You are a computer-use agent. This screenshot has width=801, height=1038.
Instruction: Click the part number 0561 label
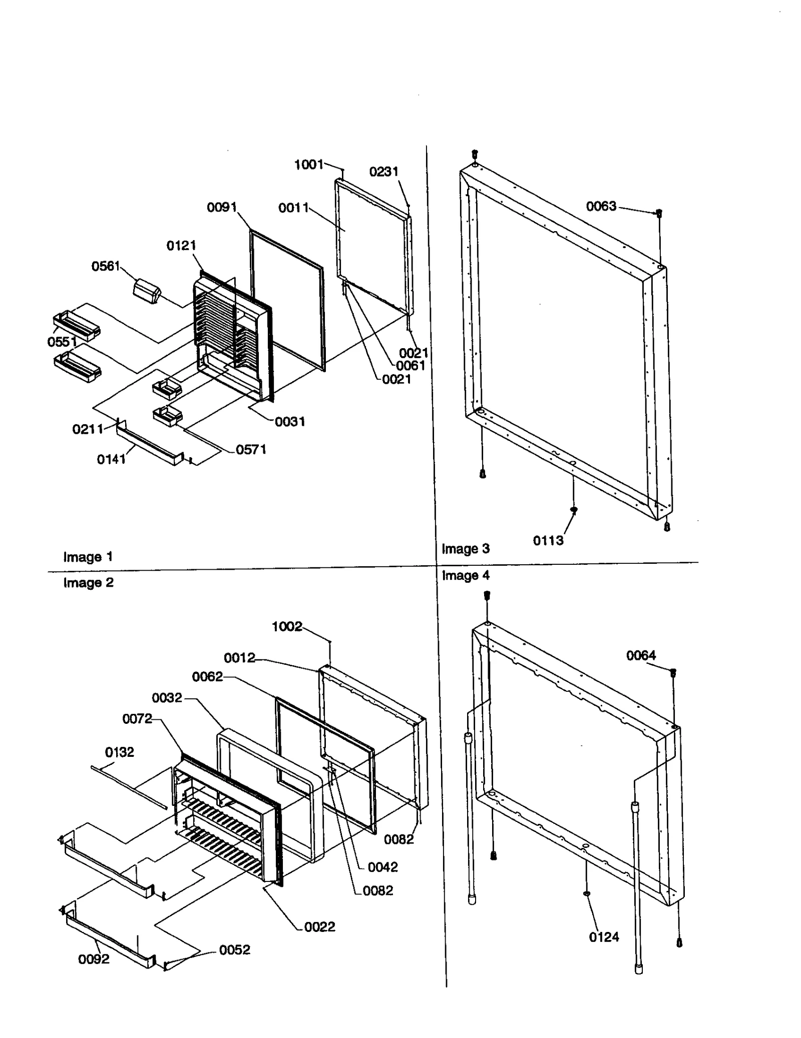105,266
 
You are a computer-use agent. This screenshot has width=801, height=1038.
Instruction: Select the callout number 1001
308,165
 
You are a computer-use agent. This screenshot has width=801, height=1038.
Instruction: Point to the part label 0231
383,172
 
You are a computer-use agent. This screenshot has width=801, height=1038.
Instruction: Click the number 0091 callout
221,207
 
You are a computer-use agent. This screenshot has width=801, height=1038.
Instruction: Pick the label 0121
181,246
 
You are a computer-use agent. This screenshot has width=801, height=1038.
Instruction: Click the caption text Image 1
88,557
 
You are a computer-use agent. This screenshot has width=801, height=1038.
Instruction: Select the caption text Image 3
465,549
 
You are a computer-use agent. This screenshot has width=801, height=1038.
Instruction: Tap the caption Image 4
465,575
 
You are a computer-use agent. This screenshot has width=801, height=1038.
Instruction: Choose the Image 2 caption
88,583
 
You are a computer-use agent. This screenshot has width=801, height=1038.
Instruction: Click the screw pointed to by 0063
659,214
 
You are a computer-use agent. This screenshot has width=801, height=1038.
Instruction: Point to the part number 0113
548,540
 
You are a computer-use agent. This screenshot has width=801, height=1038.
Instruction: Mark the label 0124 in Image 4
604,937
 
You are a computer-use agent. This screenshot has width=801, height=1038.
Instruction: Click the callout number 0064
641,655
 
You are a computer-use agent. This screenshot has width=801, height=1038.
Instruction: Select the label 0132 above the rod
119,752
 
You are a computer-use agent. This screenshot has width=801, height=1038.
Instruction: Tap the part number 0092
94,959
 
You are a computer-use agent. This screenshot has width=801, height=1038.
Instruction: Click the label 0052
234,950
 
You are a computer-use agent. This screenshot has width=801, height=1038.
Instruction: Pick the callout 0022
319,927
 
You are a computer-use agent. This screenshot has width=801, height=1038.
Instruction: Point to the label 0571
250,450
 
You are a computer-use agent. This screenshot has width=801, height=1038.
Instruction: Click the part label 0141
111,459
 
